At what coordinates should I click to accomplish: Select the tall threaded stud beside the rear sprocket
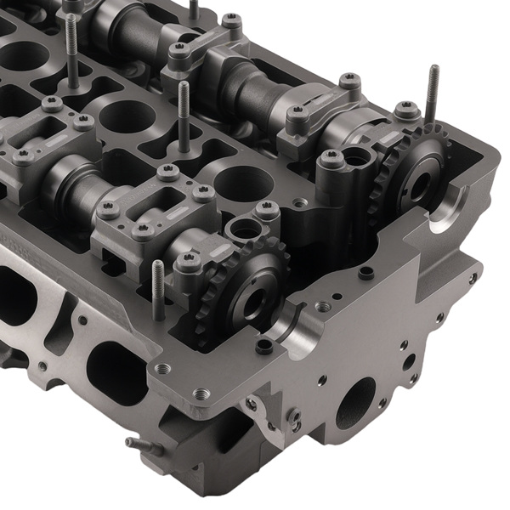(x=433, y=93)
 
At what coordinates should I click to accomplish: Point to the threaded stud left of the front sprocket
(x=158, y=289)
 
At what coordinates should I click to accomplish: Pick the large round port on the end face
(x=354, y=402)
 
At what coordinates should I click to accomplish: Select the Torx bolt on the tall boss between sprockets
(x=331, y=158)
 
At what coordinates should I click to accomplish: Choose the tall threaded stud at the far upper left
(x=71, y=51)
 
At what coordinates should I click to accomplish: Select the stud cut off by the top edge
(x=194, y=9)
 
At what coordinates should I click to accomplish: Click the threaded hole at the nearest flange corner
(x=201, y=394)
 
